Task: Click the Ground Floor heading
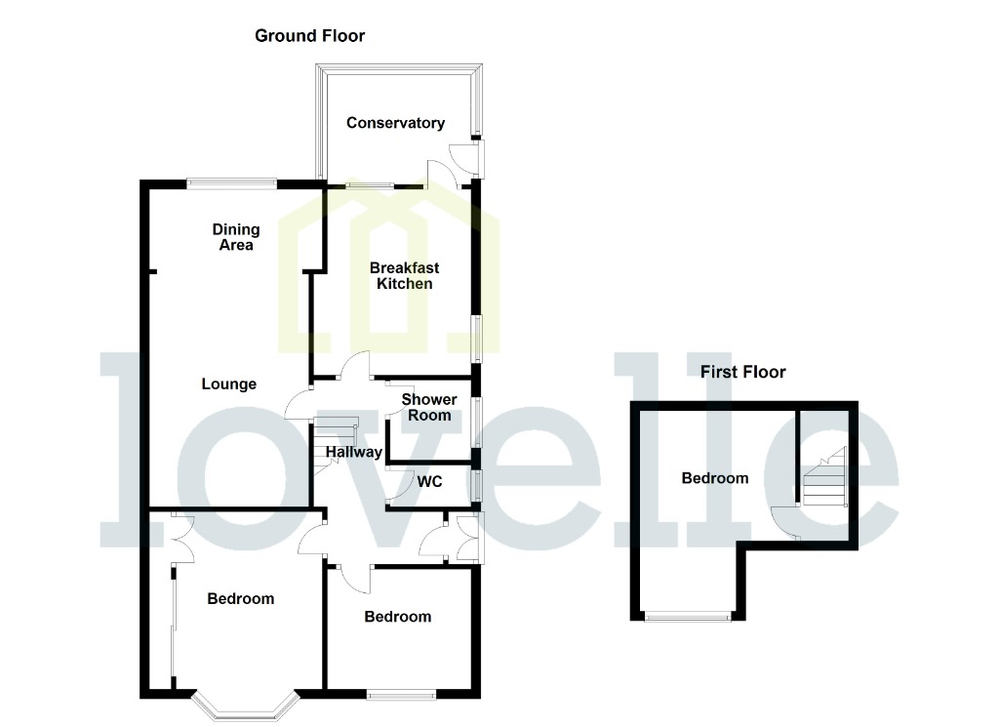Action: [309, 36]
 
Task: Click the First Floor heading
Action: [742, 372]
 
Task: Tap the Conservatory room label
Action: [395, 123]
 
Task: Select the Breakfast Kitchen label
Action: [404, 276]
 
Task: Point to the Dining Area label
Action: [236, 237]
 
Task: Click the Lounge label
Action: [229, 384]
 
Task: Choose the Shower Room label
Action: [429, 407]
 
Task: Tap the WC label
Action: [430, 481]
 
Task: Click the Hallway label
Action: [353, 453]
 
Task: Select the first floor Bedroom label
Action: [715, 478]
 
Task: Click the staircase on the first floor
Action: [824, 478]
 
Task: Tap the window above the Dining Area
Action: [232, 182]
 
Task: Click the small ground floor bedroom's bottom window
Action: [402, 695]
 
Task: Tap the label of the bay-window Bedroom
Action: [241, 599]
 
